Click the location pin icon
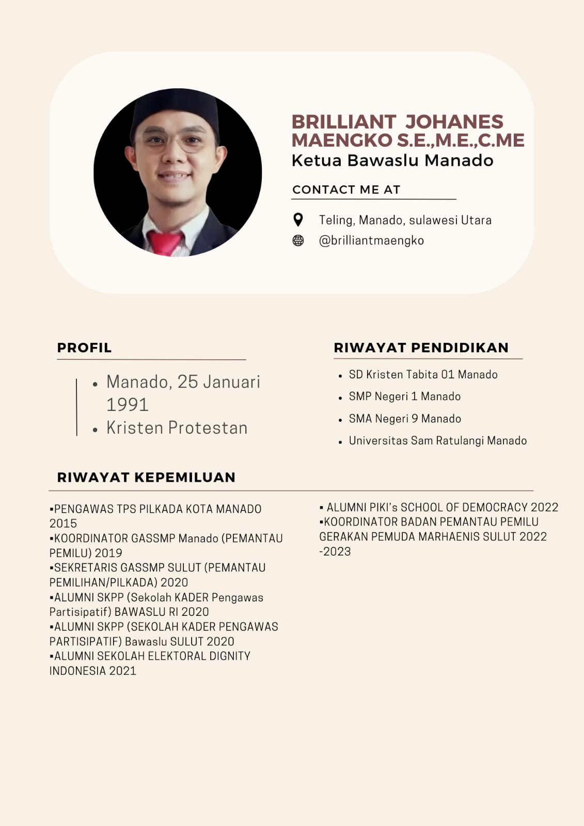[298, 220]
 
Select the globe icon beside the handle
[298, 241]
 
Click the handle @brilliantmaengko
[371, 241]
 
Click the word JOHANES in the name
[454, 122]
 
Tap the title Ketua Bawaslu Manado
[392, 161]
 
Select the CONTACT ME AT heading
[346, 189]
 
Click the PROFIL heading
[84, 347]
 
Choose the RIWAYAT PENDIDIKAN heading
[421, 347]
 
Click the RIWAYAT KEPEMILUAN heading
[146, 477]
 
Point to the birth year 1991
[128, 405]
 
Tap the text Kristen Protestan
[177, 428]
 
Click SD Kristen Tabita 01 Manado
[423, 375]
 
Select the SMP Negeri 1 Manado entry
[404, 396]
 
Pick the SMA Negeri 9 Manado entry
[405, 419]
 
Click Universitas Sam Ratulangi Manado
[437, 441]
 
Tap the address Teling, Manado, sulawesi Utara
[405, 220]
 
